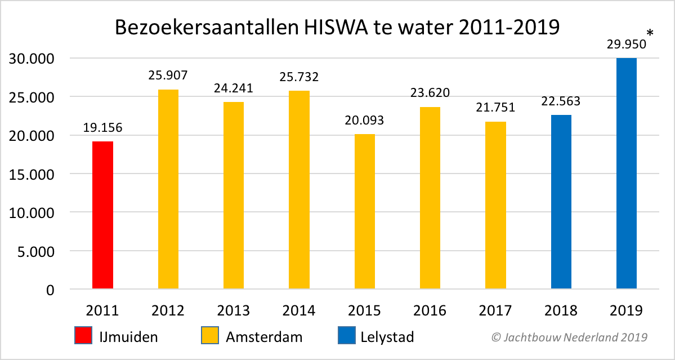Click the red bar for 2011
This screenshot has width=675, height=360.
[102, 215]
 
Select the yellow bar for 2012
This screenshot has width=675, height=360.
[168, 189]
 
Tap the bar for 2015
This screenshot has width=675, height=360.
[364, 212]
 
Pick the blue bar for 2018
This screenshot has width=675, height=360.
[561, 202]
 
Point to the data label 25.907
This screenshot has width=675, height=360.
[168, 74]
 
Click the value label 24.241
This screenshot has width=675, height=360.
[234, 88]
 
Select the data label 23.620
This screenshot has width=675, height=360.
[430, 92]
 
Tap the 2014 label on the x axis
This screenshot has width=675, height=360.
[299, 310]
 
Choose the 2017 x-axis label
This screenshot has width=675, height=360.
[495, 310]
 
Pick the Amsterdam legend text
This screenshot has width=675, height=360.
[264, 337]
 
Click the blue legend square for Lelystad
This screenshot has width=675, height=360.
[346, 336]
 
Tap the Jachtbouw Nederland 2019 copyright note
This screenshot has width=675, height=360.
[569, 337]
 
